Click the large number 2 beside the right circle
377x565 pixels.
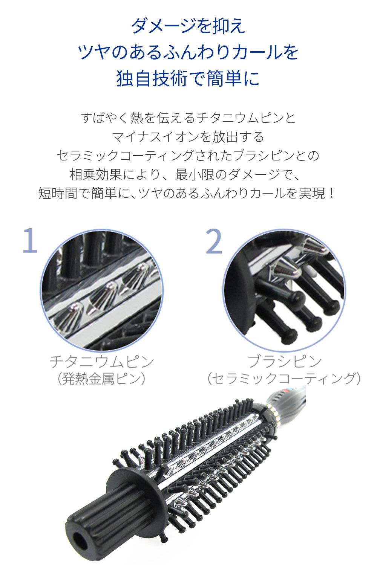[x=214, y=241]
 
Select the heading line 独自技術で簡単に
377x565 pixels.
[x=188, y=78]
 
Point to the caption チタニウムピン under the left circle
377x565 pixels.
[x=102, y=361]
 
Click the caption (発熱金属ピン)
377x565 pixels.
[x=102, y=379]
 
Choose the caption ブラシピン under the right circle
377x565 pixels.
[x=284, y=361]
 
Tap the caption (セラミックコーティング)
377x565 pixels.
[x=284, y=379]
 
